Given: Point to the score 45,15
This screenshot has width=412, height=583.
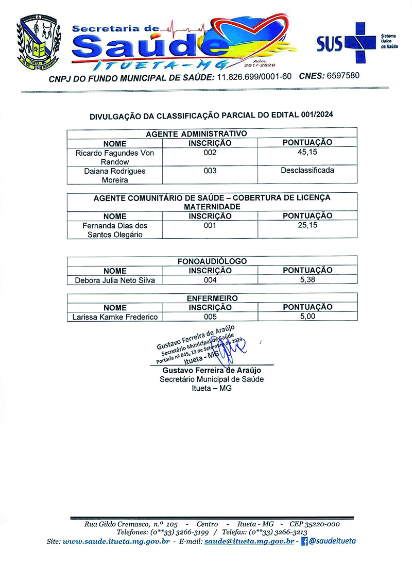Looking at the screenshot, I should (x=307, y=153).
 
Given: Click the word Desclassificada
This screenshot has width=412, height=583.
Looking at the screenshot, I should (x=307, y=170).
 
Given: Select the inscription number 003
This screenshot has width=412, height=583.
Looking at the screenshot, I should (x=210, y=171).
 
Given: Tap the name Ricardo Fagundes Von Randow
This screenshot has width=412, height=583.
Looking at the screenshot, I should (x=115, y=157).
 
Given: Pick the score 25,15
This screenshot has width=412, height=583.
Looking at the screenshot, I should (x=307, y=225).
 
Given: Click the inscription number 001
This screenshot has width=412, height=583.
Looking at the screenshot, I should (x=210, y=225).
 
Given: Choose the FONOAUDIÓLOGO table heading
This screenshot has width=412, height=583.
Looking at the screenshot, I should (x=212, y=261).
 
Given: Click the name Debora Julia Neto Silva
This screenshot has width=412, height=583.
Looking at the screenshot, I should (x=115, y=280).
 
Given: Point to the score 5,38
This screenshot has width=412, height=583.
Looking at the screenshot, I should (x=307, y=280).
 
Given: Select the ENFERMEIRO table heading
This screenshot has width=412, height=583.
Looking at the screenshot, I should (x=212, y=298).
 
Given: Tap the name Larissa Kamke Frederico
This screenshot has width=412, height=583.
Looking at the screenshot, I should (x=115, y=317).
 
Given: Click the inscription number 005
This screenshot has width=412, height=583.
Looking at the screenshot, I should (x=210, y=317).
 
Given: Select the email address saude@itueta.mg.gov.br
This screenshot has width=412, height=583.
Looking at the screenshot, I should (x=249, y=541).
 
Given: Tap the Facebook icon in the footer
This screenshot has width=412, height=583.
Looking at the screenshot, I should (x=304, y=541).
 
